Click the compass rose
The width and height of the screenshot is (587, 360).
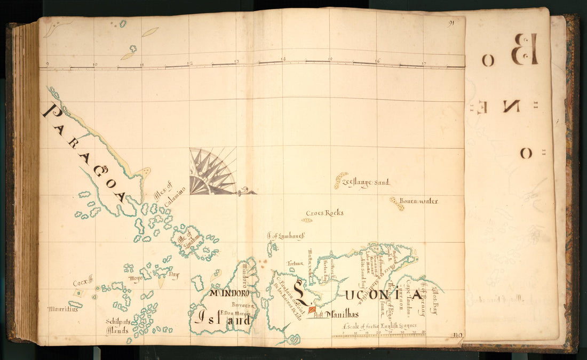coord(212,172)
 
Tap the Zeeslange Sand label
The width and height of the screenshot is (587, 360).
coord(369,183)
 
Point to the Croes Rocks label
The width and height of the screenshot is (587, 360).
coord(324,213)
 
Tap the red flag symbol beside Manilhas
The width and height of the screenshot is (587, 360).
coord(312,309)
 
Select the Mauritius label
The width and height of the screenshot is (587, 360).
coord(62,309)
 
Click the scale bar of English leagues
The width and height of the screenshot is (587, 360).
coord(378,335)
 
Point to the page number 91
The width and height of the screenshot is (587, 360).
coord(451,23)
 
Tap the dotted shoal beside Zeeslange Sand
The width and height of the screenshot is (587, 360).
coord(340,180)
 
